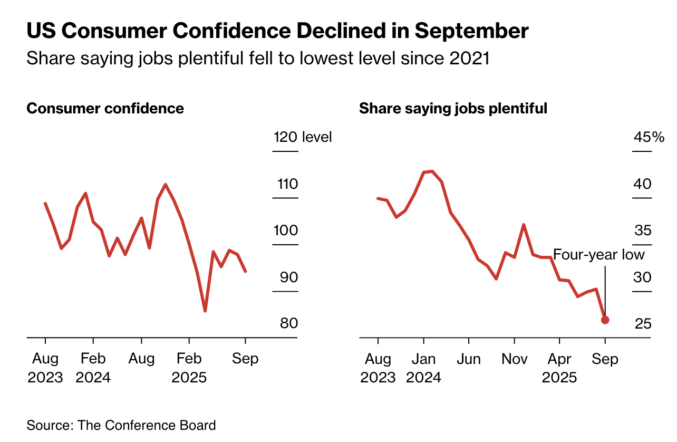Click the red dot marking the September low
coord(605,320)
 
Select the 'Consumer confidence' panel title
coord(105,109)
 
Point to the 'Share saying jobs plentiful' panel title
coord(453,109)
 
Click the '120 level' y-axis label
coord(303,138)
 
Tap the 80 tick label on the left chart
coord(288,323)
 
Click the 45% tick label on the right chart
coord(649,138)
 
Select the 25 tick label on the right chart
coord(643,323)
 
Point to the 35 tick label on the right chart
coord(643,231)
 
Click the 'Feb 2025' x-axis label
coord(189,368)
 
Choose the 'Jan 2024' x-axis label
coord(423,368)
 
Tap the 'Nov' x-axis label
coord(514,359)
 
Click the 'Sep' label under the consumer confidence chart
coord(245,359)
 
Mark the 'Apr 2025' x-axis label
coord(559,368)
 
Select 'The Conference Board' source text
coord(147,425)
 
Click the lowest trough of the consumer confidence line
coord(205,311)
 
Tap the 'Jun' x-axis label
coord(469,359)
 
